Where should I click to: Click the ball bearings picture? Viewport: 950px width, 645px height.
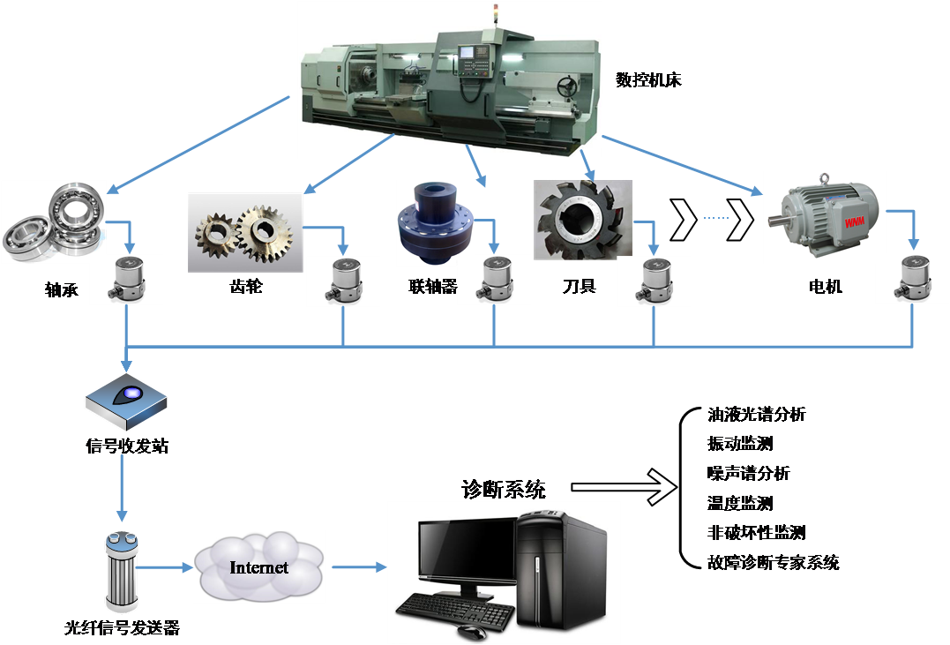pos(53,221)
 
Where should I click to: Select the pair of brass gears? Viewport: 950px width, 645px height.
pos(245,231)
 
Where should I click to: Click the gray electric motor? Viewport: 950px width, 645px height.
pos(822,217)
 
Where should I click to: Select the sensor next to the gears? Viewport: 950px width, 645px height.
pos(342,281)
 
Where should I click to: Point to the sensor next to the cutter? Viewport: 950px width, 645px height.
pos(653,281)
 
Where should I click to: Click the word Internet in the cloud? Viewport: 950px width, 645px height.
pos(258,567)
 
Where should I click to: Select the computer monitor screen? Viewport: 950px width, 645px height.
pos(467,552)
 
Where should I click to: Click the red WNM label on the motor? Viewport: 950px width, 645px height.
pos(854,224)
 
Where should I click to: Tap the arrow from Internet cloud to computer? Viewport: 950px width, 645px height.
pos(356,566)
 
